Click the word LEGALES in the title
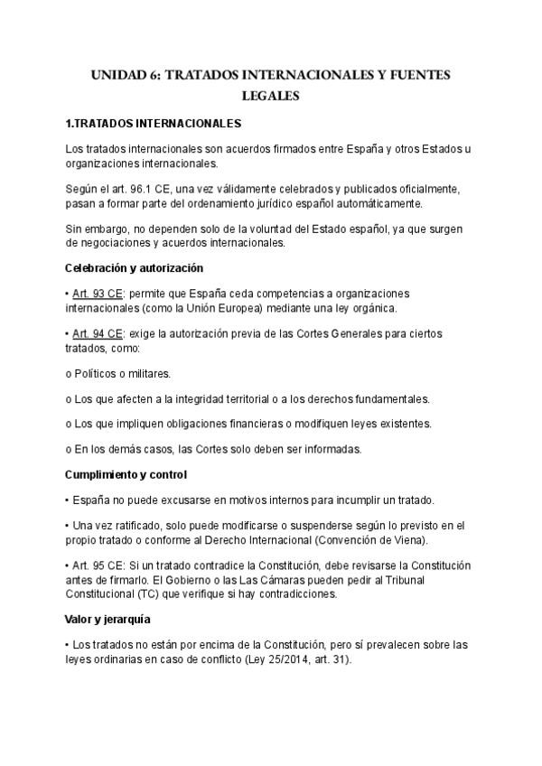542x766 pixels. tap(270, 94)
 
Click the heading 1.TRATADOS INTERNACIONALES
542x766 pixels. tap(154, 122)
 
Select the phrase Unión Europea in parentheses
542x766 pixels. tap(236, 307)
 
